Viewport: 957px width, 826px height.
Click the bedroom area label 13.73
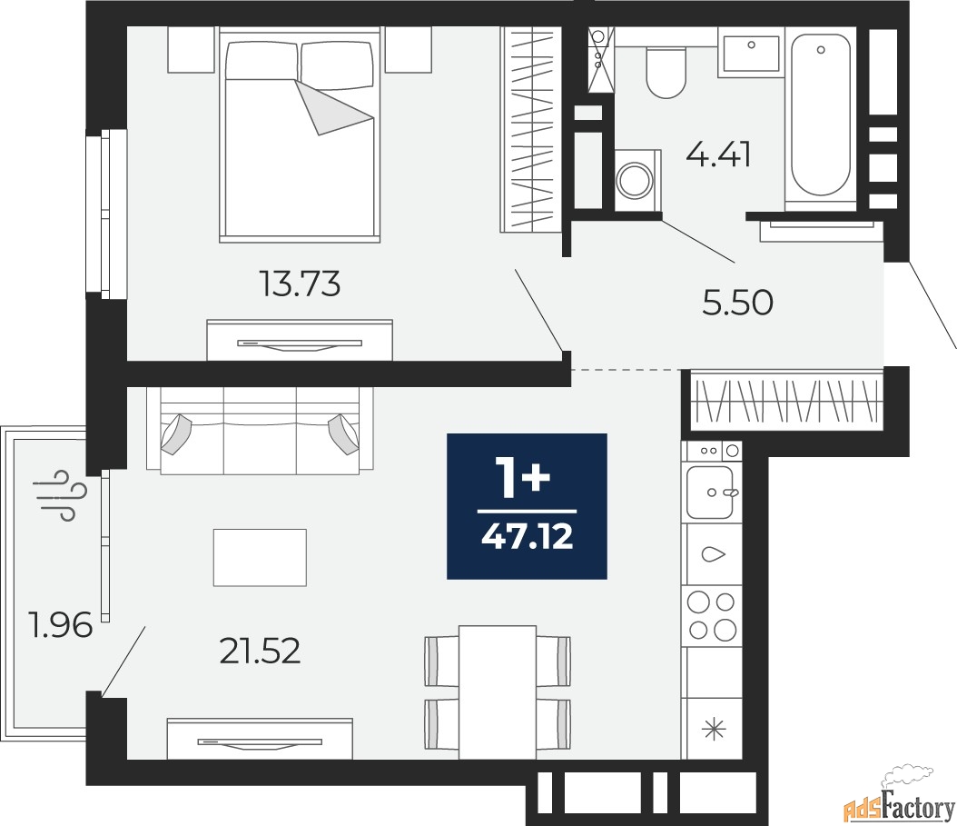click(x=300, y=285)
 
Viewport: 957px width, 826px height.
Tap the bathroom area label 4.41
click(x=718, y=156)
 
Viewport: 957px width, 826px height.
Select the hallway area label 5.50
click(x=737, y=304)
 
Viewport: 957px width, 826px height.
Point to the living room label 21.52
click(x=260, y=651)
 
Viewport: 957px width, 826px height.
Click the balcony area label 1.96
click(x=62, y=626)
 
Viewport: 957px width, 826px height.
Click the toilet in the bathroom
click(x=666, y=72)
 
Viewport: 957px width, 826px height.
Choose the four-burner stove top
click(x=711, y=614)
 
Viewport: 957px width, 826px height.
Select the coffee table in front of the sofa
click(x=260, y=557)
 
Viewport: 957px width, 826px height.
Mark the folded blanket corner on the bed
click(x=331, y=107)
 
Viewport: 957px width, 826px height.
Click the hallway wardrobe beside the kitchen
click(x=785, y=399)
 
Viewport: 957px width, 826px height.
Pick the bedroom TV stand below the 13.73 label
click(x=300, y=341)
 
